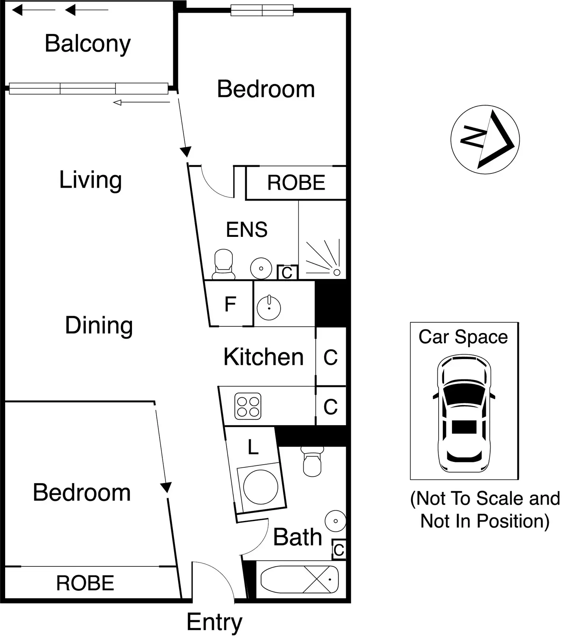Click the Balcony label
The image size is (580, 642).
tap(87, 44)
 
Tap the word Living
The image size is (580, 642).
tap(90, 180)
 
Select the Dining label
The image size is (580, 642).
tap(99, 326)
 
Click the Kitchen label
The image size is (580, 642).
tap(263, 357)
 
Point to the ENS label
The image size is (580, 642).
tap(247, 230)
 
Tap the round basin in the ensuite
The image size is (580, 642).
tap(261, 268)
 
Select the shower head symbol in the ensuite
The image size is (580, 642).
tap(336, 272)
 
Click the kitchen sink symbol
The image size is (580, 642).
tap(269, 307)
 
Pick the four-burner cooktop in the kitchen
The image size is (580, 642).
tap(248, 406)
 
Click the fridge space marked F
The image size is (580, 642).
tap(230, 304)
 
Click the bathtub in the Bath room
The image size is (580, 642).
tap(299, 579)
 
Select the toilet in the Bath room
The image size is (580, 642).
tap(312, 462)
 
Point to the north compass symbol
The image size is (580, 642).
tap(485, 140)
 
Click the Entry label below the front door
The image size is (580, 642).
tap(214, 622)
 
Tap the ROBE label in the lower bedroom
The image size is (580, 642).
tap(85, 583)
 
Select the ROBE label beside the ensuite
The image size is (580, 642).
tap(296, 183)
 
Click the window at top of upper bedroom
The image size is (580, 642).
tap(262, 10)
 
